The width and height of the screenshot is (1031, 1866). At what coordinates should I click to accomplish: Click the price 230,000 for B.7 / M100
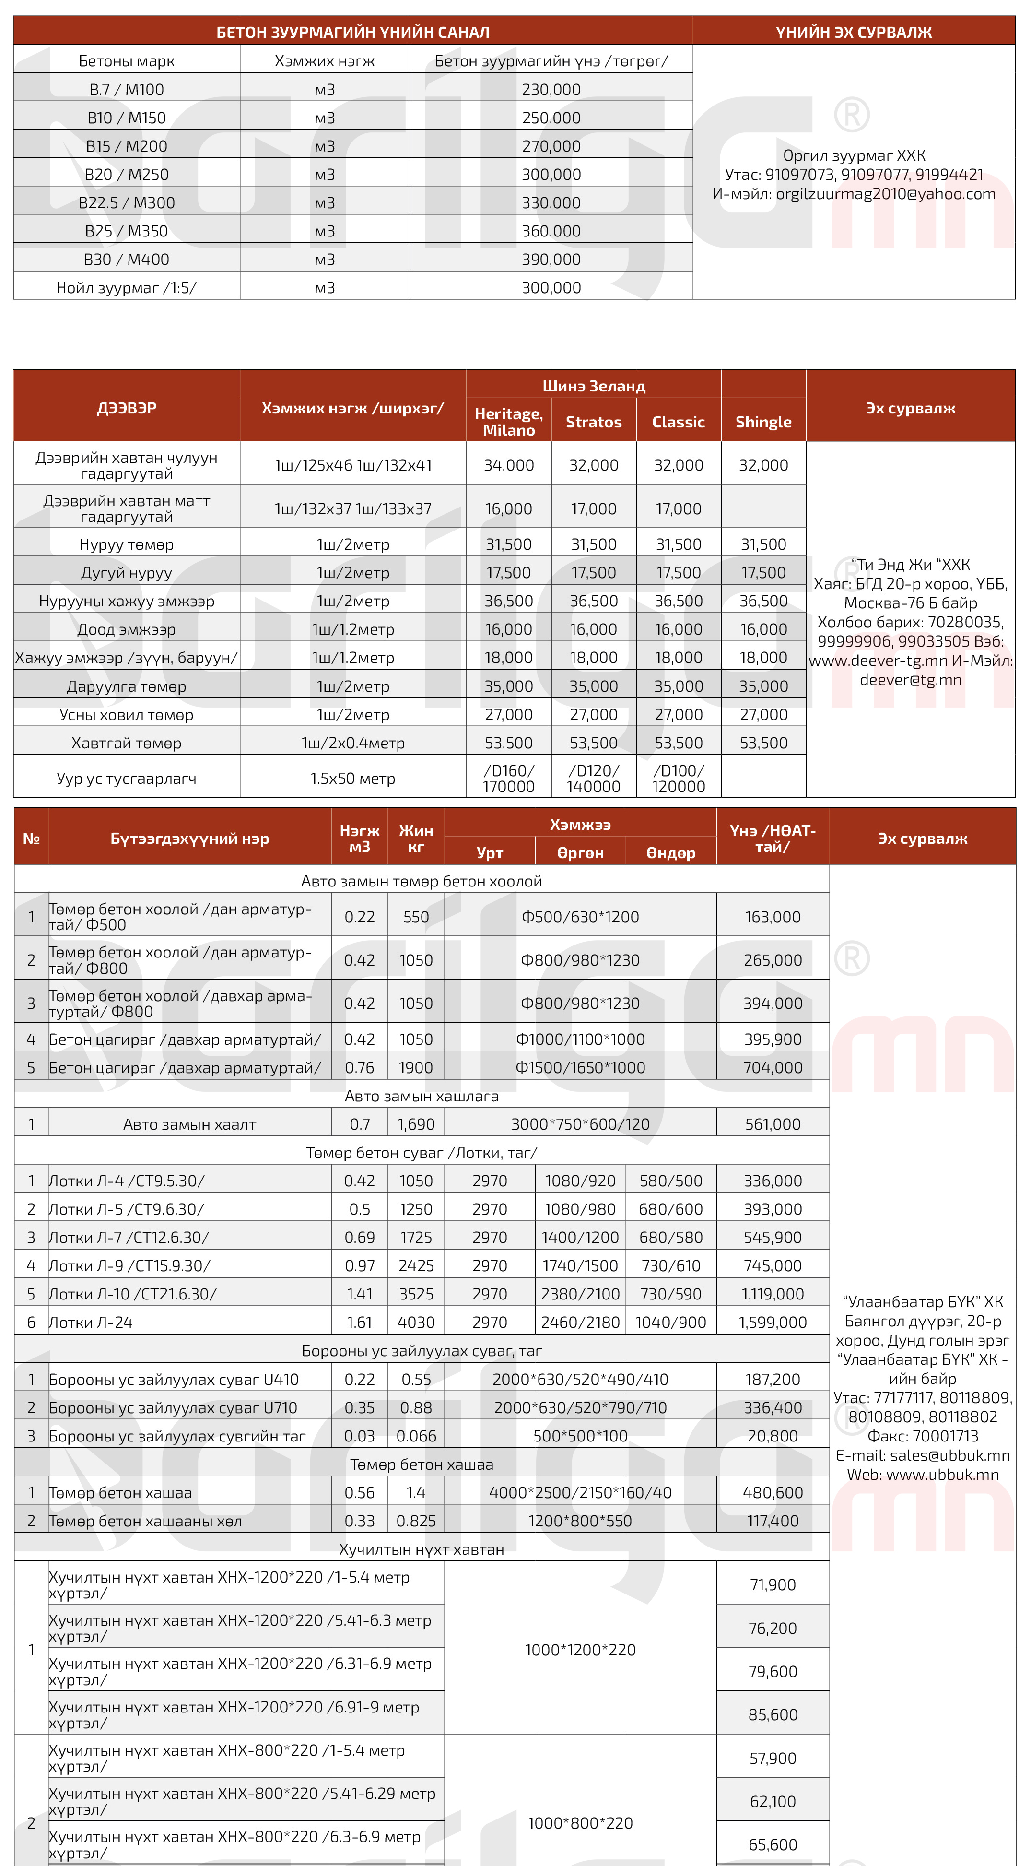click(551, 90)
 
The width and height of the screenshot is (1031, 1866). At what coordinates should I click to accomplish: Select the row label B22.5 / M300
click(127, 203)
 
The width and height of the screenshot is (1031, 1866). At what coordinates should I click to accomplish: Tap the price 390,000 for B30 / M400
click(551, 260)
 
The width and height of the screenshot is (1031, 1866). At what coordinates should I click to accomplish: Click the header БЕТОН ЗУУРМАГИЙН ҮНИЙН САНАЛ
click(352, 32)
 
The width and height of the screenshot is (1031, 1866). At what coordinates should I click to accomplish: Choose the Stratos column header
click(593, 422)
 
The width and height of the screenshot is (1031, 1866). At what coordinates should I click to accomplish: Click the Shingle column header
click(763, 422)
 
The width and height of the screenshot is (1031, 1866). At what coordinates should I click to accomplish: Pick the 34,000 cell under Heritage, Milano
click(508, 465)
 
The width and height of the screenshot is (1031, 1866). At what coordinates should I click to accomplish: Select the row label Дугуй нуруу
click(127, 573)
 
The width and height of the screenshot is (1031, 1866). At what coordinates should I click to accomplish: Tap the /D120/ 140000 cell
click(593, 778)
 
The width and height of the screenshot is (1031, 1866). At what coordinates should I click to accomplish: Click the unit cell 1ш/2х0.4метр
click(352, 743)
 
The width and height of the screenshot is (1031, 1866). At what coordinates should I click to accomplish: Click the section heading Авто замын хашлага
click(422, 1096)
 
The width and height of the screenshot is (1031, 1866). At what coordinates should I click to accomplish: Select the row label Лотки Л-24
click(91, 1323)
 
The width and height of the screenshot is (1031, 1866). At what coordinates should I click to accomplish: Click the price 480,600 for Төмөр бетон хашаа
click(773, 1493)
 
